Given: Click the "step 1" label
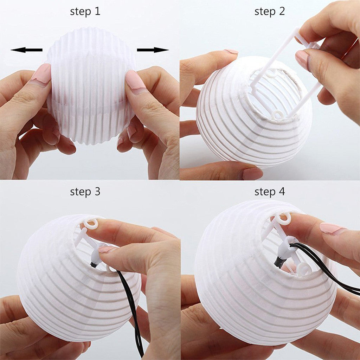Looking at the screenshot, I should (x=85, y=11).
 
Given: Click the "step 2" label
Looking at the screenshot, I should (x=270, y=11).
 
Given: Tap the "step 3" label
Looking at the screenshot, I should (x=85, y=192).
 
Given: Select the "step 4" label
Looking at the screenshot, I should (x=270, y=192).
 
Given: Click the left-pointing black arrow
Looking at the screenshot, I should (x=26, y=50).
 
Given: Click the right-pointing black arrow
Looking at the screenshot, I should (x=153, y=50).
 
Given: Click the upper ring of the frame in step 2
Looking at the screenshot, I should (x=271, y=74).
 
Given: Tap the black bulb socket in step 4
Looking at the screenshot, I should (x=280, y=262).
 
